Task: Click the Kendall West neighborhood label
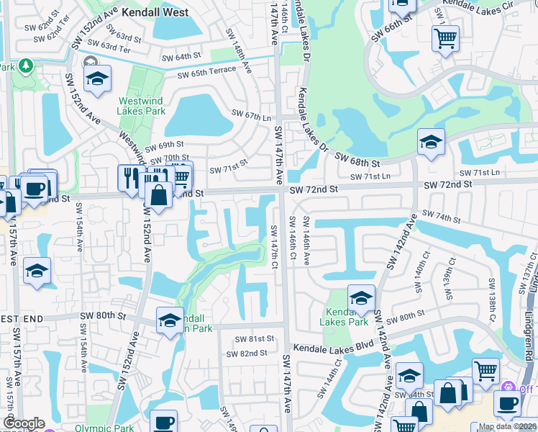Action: pyautogui.click(x=155, y=12)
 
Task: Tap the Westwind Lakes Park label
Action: pyautogui.click(x=142, y=106)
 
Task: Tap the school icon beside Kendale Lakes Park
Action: pyautogui.click(x=361, y=297)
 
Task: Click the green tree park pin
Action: pyautogui.click(x=27, y=66)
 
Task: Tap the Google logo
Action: pyautogui.click(x=24, y=423)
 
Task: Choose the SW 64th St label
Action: pyautogui.click(x=181, y=57)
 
